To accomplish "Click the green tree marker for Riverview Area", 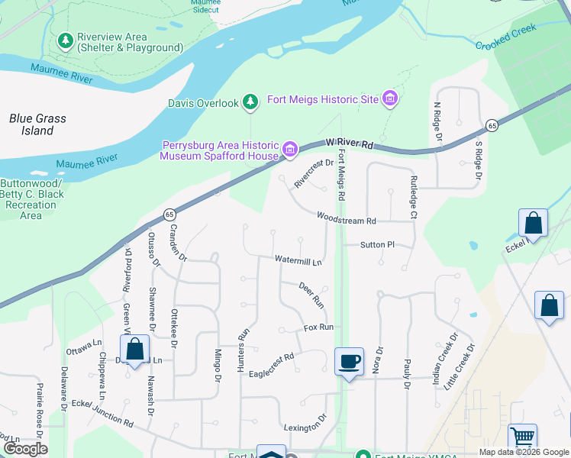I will (66, 40).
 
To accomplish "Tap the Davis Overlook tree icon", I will (250, 102).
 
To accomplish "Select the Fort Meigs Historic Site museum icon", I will (390, 99).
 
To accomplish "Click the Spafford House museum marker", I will (289, 150).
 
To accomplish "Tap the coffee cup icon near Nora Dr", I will (349, 361).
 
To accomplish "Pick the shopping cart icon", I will (522, 437).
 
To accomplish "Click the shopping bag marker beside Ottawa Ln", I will (135, 350).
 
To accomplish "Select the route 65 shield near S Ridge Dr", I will (492, 125).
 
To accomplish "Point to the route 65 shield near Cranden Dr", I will (169, 216).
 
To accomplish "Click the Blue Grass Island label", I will (37, 124).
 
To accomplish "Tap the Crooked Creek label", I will (506, 37).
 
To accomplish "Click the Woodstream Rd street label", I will (347, 219).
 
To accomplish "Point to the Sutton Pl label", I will (377, 245).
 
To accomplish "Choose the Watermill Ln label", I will (298, 261).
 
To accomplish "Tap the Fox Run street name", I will (318, 327).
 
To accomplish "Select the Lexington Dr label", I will (305, 422).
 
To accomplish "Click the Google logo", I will (25, 449).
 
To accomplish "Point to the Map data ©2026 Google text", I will (523, 452).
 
